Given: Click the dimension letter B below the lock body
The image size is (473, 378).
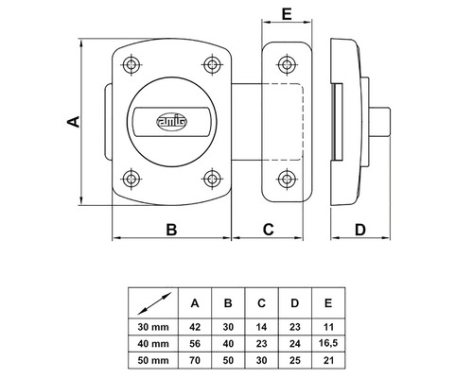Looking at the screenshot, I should [x=172, y=229].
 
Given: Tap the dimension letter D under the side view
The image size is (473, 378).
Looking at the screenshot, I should [x=360, y=229].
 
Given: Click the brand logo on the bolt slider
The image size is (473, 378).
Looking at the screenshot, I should [x=178, y=120].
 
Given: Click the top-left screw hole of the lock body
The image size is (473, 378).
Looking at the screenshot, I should [x=131, y=64].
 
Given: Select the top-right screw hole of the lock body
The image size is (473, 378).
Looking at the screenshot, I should [x=210, y=64].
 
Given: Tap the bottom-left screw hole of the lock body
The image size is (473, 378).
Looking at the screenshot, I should [x=131, y=176].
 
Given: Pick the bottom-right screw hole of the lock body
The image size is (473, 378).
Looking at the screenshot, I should [x=210, y=176].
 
